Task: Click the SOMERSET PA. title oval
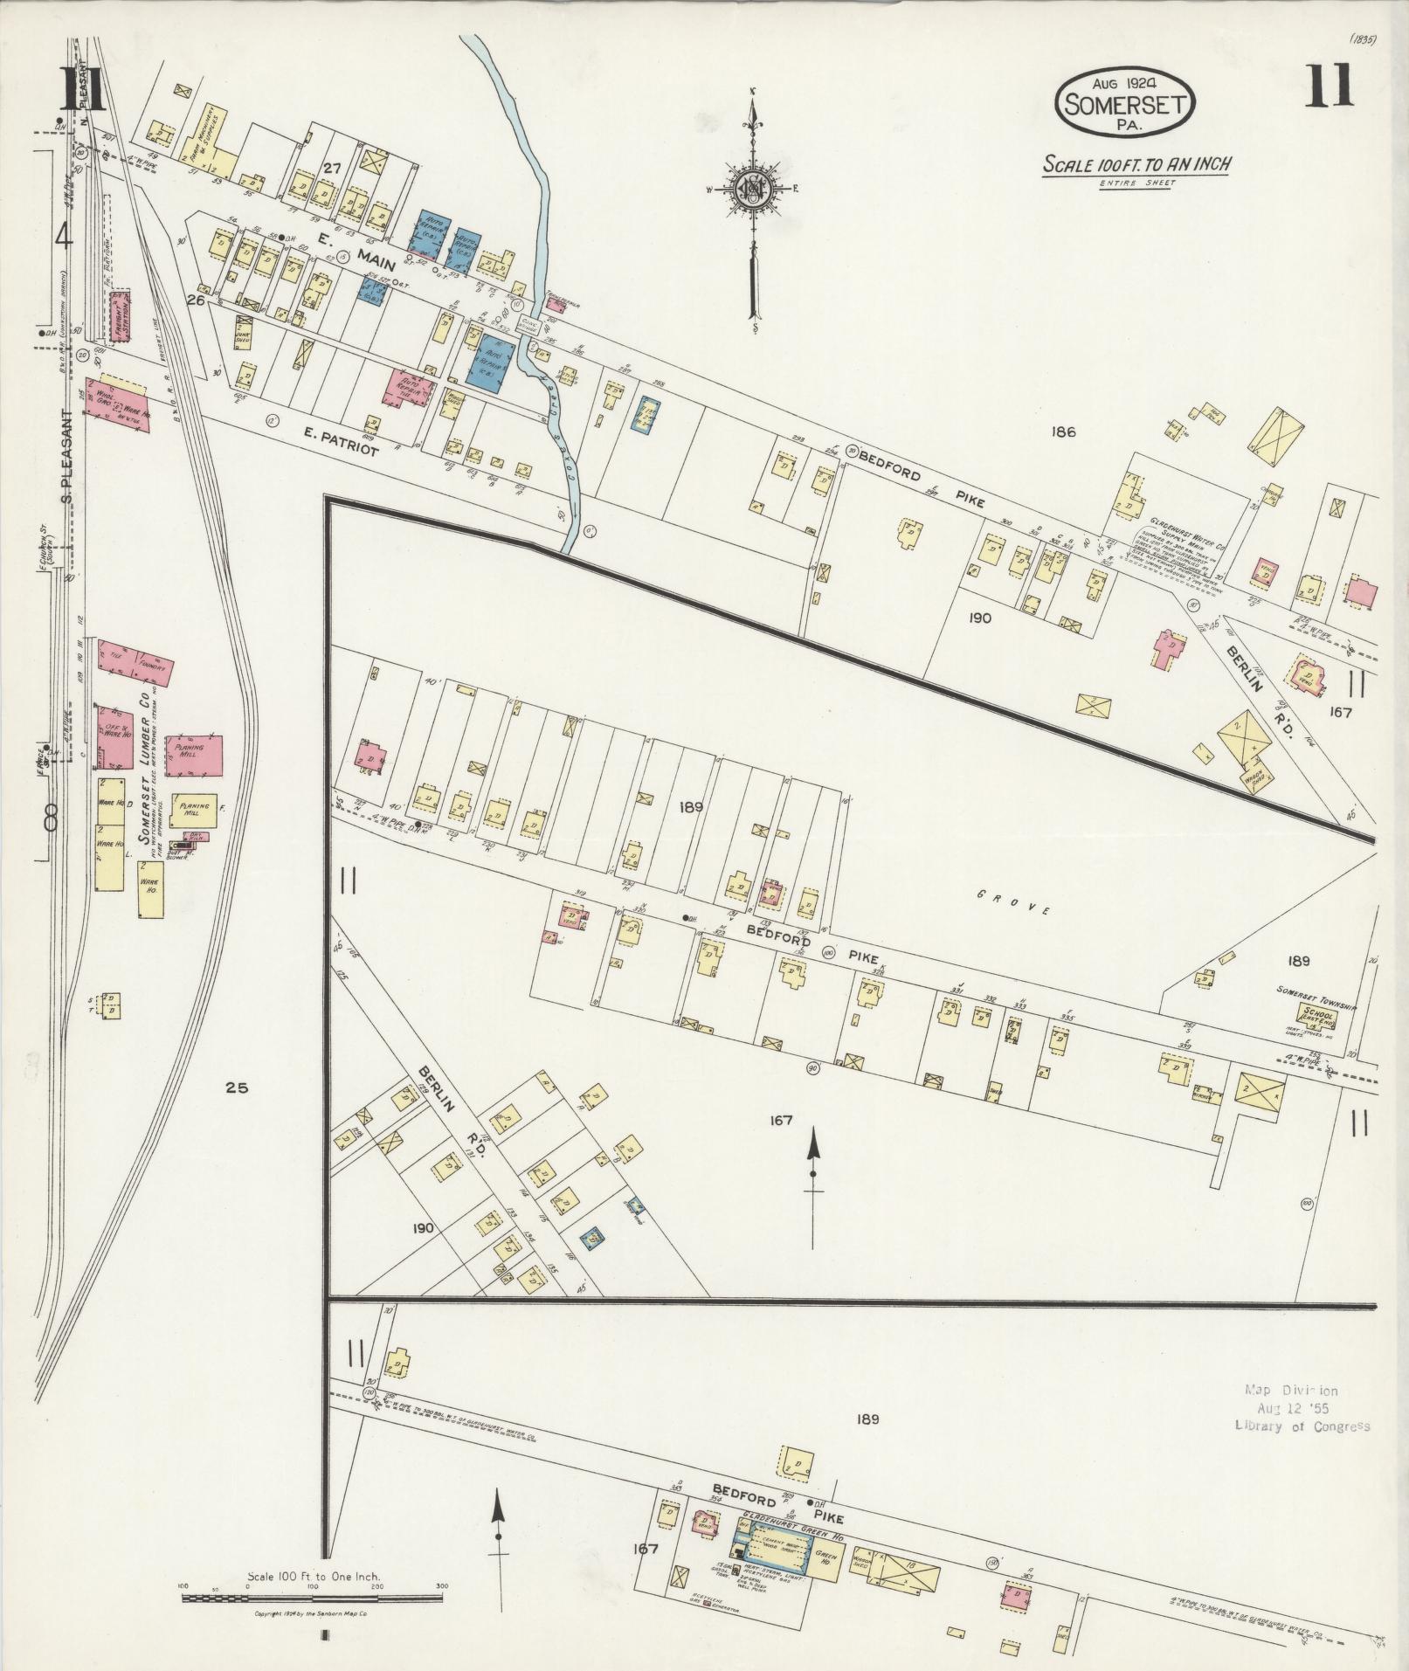click(1125, 103)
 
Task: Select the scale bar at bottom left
click(312, 1623)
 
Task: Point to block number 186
click(1063, 432)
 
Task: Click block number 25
click(237, 1088)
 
